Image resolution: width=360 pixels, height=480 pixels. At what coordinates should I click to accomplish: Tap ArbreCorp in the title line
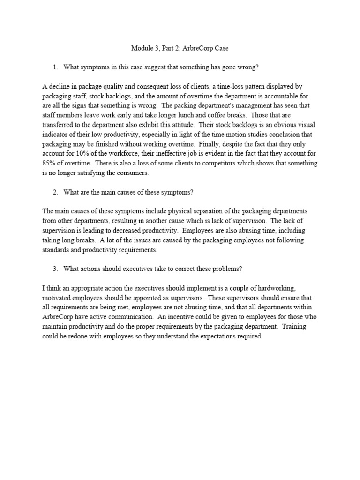200,48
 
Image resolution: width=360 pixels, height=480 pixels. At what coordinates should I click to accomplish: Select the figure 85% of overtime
49,154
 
